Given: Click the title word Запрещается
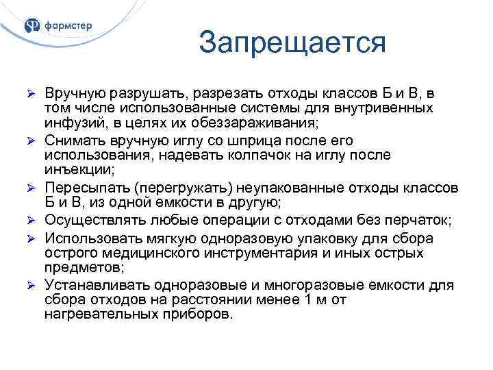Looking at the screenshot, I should [292, 43].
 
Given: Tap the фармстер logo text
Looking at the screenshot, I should [69, 26].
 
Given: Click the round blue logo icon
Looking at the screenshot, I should [32, 26].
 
